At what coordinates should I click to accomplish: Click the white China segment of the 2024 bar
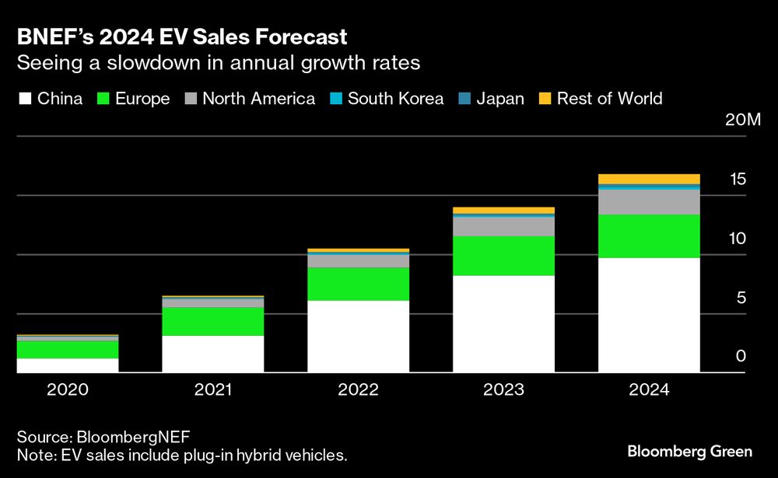(649, 315)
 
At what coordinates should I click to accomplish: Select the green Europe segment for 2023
(503, 256)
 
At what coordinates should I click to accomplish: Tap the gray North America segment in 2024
(649, 202)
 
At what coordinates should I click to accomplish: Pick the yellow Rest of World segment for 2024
(649, 179)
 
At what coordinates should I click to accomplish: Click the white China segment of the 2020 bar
(68, 365)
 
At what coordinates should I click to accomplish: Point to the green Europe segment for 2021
(212, 321)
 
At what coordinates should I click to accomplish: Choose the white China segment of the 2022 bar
(358, 337)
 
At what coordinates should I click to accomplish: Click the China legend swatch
(24, 99)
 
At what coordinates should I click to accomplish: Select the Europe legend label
(142, 99)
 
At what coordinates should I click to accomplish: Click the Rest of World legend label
(609, 99)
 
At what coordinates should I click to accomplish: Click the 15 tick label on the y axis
(738, 180)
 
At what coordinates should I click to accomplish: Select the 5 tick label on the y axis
(741, 298)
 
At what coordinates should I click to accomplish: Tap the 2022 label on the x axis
(358, 389)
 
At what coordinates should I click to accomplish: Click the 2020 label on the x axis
(68, 389)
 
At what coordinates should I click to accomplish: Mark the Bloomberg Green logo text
(689, 452)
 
